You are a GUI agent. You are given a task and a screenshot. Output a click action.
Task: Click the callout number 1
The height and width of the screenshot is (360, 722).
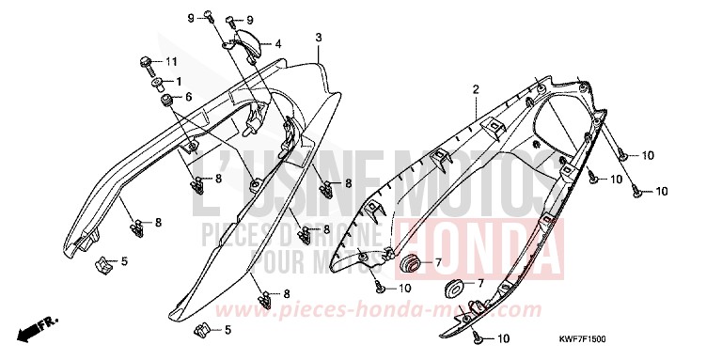point(176,81)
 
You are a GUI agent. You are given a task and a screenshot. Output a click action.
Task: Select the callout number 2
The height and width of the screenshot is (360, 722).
point(477,88)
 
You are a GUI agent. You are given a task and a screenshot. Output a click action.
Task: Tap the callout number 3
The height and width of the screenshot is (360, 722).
point(319,37)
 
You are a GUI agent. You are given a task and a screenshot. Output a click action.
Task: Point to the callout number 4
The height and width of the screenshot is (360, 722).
point(278,43)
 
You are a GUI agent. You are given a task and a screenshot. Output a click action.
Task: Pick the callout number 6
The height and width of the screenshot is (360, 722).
point(188,97)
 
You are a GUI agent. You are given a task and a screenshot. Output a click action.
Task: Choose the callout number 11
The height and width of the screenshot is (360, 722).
point(171,62)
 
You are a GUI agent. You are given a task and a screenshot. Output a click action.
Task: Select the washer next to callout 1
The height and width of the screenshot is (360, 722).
point(154,82)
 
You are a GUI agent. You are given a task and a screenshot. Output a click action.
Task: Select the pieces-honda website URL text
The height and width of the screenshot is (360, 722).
point(394,309)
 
